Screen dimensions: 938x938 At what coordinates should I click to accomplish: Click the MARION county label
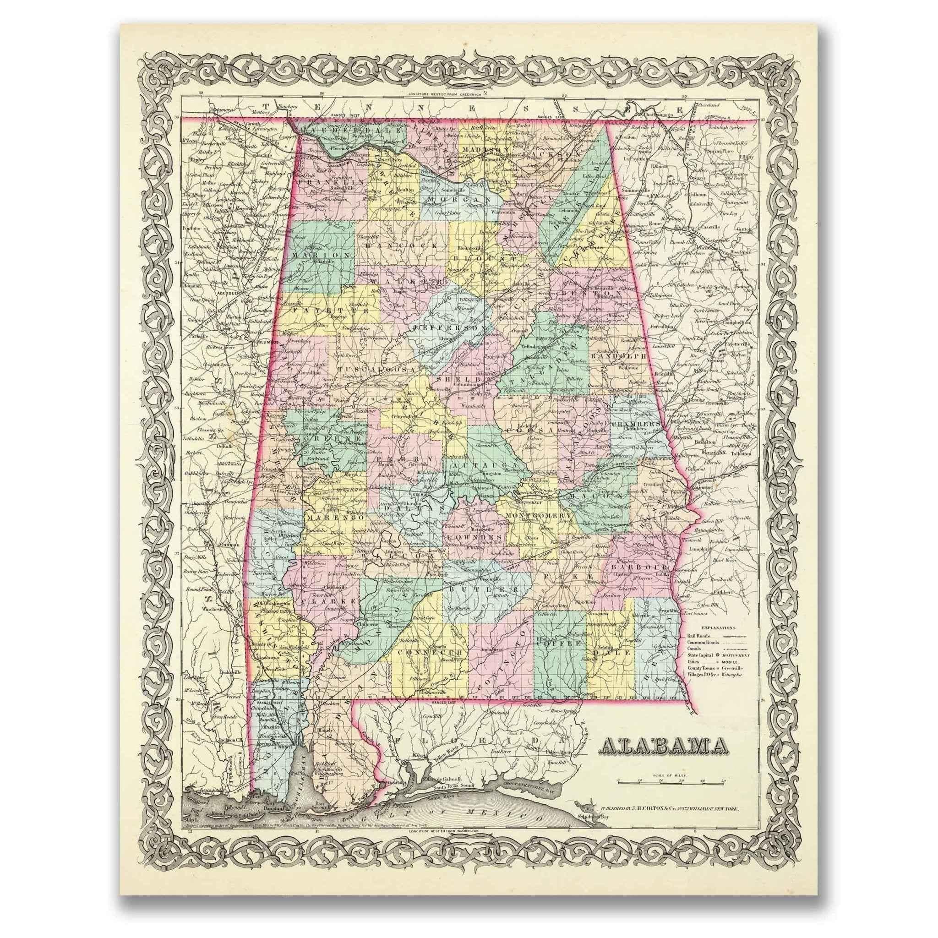pyautogui.click(x=322, y=254)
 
